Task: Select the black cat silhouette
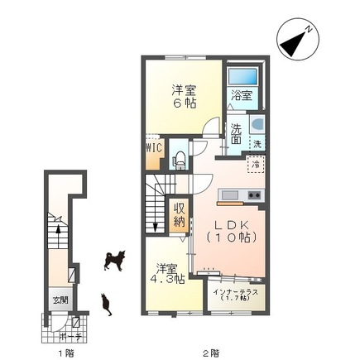[x=106, y=304]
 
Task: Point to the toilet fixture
[x=178, y=158]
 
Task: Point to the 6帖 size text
[x=184, y=103]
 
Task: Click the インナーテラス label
[x=236, y=292]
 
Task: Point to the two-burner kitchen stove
[x=252, y=195]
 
